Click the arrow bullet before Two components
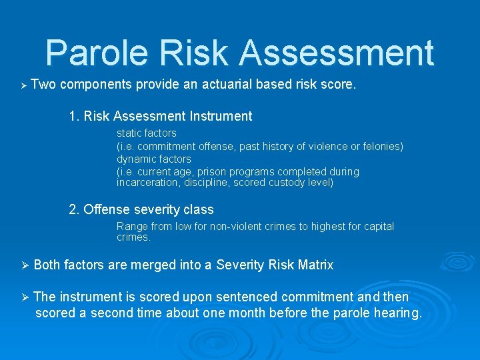tap(23, 86)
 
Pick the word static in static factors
tap(130, 133)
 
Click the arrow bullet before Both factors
tap(23, 266)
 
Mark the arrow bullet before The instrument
tap(23, 297)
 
